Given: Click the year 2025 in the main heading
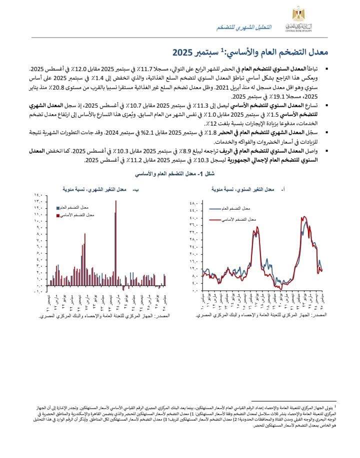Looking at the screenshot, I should pos(184,52).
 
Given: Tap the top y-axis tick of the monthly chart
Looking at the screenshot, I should pos(39,196).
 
